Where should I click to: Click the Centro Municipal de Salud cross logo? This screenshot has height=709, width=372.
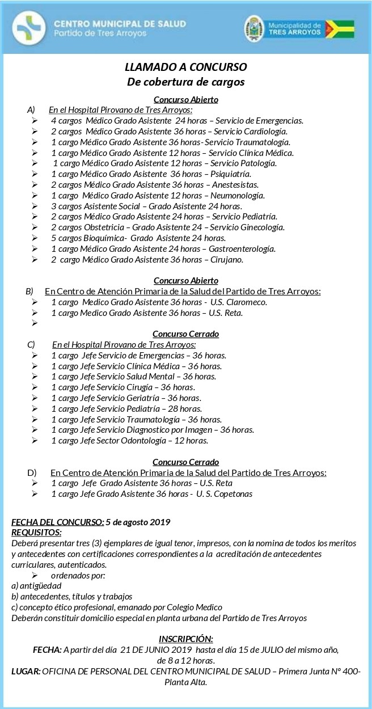[28, 27]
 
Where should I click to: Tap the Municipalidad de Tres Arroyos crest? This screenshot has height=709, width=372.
[254, 28]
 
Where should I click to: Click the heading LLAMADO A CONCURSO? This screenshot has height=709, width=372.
[185, 67]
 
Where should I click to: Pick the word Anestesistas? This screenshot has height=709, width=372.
[234, 185]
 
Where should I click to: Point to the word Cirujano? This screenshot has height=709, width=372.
[226, 260]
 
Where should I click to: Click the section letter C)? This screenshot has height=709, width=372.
[31, 344]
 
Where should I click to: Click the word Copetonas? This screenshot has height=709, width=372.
[232, 493]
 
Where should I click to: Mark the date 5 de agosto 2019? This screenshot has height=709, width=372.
[138, 522]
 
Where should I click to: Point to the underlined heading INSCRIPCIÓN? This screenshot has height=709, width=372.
[186, 639]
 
